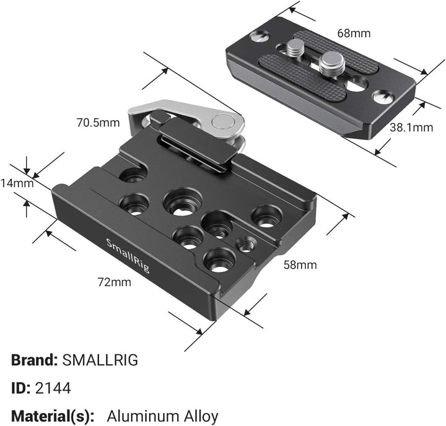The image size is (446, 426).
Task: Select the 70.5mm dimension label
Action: coord(98,123)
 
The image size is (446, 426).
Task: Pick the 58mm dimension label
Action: coord(300,265)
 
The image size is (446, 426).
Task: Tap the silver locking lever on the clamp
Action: coord(186,111)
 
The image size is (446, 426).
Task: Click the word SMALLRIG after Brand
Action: coord(100,359)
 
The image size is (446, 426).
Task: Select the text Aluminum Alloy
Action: coord(163,415)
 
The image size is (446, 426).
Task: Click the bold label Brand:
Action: coord(34,359)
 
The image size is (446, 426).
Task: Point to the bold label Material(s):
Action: coord(52,415)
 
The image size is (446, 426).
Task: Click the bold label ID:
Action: coord(21,388)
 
